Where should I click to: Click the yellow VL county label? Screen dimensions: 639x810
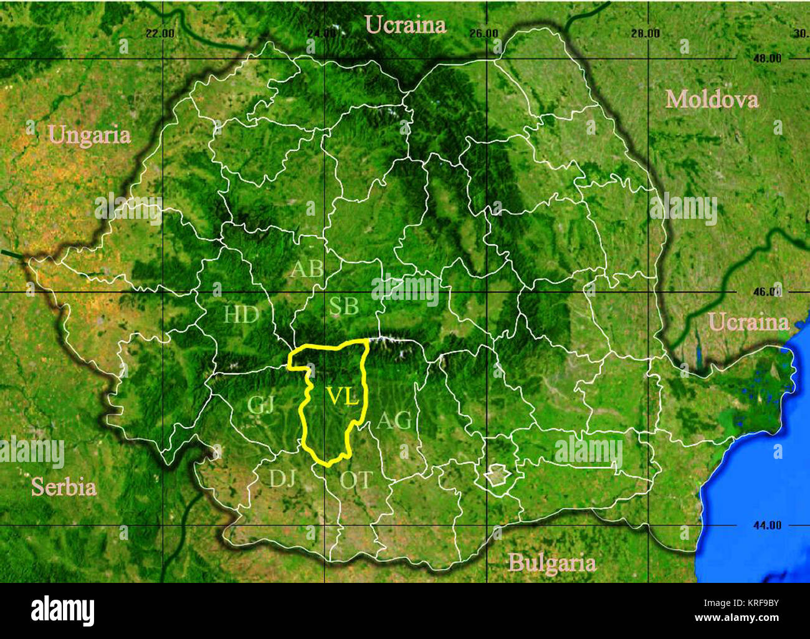(343, 397)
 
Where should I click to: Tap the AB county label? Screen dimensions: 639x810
(307, 269)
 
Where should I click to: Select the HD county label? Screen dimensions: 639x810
(241, 315)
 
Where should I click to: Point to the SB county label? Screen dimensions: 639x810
(344, 307)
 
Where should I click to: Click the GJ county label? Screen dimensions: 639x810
(260, 405)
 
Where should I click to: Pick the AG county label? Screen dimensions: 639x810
(394, 421)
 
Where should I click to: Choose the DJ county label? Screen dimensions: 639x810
(282, 478)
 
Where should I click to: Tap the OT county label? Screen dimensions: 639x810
(356, 480)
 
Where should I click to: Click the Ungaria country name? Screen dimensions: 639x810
(90, 135)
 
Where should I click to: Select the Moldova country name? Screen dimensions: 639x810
(712, 100)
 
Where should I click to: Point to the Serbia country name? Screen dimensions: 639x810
(64, 487)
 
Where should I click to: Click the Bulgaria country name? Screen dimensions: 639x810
(551, 564)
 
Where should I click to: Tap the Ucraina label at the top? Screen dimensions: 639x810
(406, 25)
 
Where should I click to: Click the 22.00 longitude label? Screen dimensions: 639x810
(160, 34)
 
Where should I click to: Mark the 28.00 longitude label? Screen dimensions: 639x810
(645, 34)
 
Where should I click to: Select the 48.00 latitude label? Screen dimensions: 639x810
(766, 59)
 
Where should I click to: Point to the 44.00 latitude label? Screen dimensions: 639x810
(766, 526)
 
